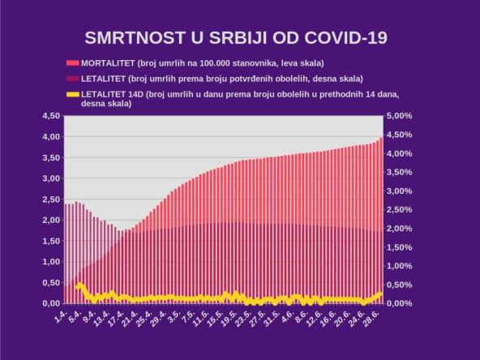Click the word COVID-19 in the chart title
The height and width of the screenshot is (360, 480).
pyautogui.click(x=344, y=37)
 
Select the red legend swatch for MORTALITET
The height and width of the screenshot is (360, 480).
pyautogui.click(x=72, y=62)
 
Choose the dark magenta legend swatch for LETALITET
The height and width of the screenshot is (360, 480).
pyautogui.click(x=72, y=79)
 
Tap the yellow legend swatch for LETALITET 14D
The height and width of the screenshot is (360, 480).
pyautogui.click(x=72, y=95)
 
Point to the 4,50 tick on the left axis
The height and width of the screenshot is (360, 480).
pyautogui.click(x=49, y=116)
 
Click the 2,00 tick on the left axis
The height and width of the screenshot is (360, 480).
pyautogui.click(x=49, y=220)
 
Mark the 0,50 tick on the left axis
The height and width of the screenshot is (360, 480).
pyautogui.click(x=49, y=282)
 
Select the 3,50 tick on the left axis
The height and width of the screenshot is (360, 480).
pyautogui.click(x=49, y=157)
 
